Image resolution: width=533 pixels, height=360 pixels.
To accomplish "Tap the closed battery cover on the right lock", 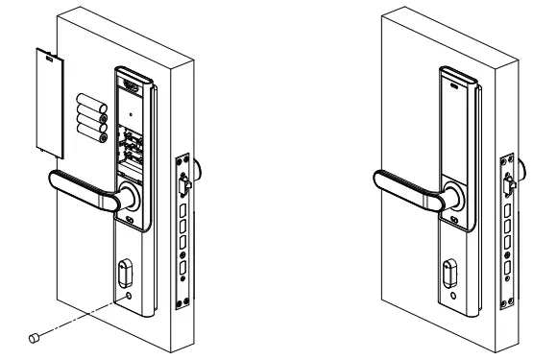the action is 455,125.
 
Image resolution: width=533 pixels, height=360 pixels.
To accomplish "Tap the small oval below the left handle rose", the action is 129,227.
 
